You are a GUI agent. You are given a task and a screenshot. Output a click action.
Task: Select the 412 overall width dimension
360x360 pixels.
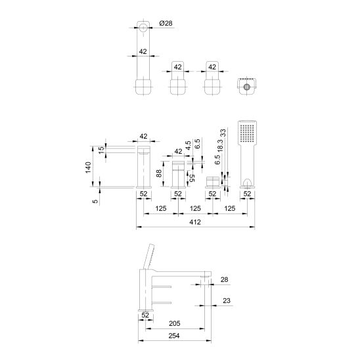pyautogui.click(x=195, y=222)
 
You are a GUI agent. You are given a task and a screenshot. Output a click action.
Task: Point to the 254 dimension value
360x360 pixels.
pyautogui.click(x=174, y=336)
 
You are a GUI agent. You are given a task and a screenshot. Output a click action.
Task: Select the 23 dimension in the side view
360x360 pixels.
pyautogui.click(x=226, y=300)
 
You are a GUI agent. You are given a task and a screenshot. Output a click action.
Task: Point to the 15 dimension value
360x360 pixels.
pyautogui.click(x=101, y=148)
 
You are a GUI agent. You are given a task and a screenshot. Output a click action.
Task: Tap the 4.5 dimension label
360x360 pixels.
pyautogui.click(x=189, y=145)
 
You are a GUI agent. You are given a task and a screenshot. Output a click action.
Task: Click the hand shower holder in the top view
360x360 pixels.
pyautogui.click(x=247, y=86)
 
